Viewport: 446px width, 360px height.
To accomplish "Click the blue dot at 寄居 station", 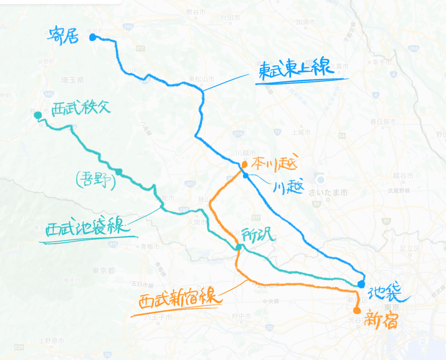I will coord(93,38).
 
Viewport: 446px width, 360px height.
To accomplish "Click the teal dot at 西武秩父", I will coord(37,115).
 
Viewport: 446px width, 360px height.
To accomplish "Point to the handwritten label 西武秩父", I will coord(81,109).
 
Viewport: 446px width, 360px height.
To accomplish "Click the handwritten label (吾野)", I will coord(95,180).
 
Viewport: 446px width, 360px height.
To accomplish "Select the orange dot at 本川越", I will coord(244,164).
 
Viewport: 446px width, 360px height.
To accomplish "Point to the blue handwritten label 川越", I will coord(289,188).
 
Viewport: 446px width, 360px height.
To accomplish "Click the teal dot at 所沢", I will coord(238,247).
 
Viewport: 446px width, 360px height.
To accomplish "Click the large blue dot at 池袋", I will coord(361,284).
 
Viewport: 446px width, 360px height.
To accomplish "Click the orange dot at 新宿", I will coord(357,310).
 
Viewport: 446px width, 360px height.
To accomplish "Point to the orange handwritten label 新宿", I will coord(381,321).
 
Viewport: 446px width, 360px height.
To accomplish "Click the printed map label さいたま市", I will coord(332,192).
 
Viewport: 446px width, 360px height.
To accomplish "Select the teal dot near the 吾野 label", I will coord(119,171).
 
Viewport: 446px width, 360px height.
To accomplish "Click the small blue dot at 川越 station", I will coord(245,176).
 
